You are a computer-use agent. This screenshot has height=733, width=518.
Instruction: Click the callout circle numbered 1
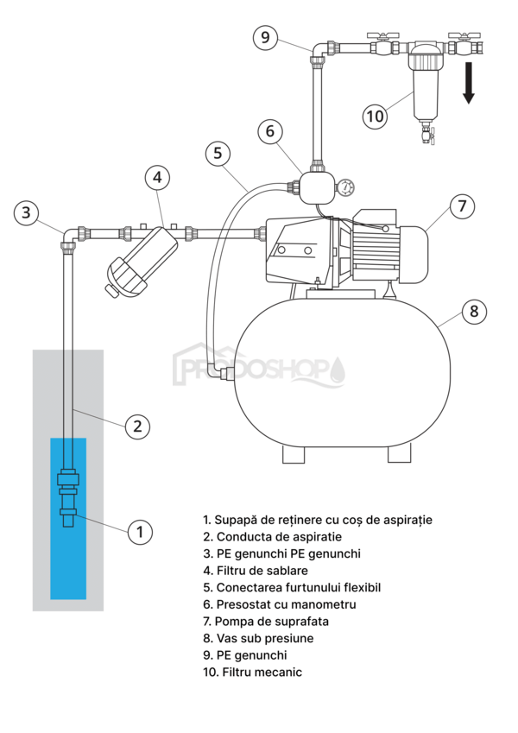pos(140,532)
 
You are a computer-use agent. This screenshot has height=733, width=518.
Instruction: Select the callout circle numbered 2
pos(137,426)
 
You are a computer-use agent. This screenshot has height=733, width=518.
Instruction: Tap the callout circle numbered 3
pos(28,212)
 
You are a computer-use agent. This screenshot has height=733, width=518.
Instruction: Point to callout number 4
pos(157,178)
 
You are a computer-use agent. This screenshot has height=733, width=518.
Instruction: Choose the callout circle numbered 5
pos(218,154)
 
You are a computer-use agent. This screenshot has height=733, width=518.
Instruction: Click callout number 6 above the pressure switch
pos(270,131)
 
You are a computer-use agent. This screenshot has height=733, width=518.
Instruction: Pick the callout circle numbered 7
pos(462,206)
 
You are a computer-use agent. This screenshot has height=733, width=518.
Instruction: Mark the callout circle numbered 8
pos(473,312)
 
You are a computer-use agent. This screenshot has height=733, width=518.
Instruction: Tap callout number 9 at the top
pos(265,38)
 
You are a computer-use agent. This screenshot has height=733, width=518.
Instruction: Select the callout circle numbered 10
pos(375,116)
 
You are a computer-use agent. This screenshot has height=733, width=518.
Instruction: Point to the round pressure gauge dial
pos(346,186)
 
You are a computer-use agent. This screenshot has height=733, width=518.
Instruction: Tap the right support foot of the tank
pos(399,452)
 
